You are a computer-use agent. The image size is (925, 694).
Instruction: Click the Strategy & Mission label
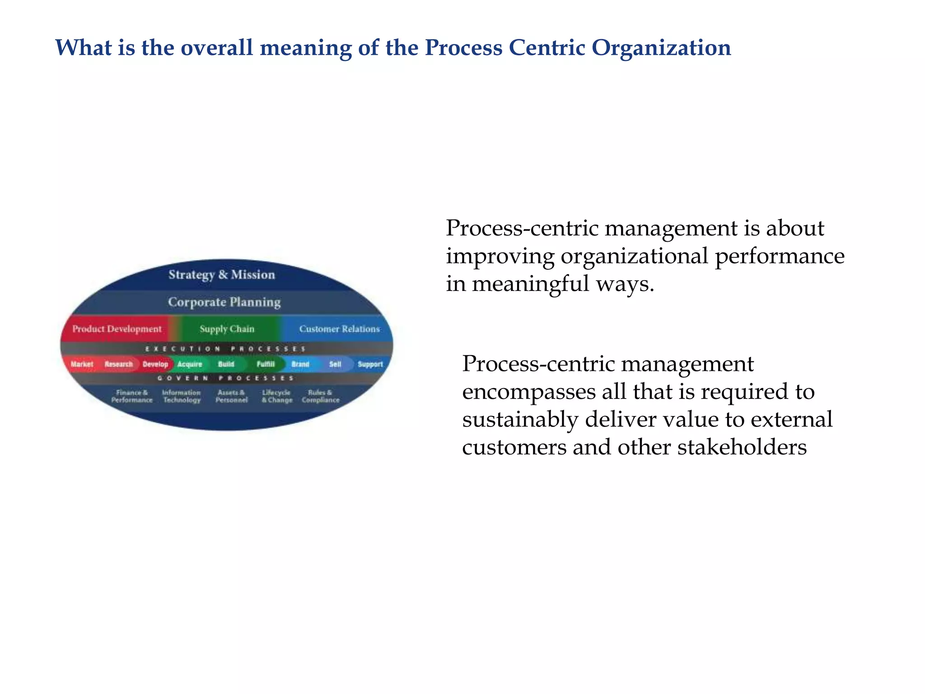point(221,275)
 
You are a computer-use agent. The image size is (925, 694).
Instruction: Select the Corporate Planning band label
point(224,302)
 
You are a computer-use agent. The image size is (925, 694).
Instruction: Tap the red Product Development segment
point(117,329)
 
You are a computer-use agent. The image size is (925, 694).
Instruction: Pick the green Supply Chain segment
point(227,329)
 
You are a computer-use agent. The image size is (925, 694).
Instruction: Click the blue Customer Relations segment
point(339,329)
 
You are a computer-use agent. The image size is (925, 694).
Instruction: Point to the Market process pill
point(82,364)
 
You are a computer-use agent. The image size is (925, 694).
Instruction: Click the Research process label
point(119,364)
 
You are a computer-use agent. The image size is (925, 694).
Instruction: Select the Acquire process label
point(190,364)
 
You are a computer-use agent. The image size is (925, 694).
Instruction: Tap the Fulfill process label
point(266,364)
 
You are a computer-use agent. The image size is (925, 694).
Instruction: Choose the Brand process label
point(300,364)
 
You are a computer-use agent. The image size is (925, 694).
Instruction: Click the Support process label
point(370,364)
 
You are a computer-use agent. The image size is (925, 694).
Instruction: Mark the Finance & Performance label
point(132,396)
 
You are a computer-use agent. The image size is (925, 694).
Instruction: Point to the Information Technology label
point(182,396)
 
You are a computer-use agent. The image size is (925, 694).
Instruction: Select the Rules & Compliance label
point(321,396)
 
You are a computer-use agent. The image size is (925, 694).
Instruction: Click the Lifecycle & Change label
point(277,396)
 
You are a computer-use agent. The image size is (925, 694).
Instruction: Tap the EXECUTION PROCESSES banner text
point(225,349)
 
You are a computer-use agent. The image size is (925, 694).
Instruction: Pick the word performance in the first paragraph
point(780,256)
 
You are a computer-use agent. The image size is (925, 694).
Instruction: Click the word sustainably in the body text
point(520,419)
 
